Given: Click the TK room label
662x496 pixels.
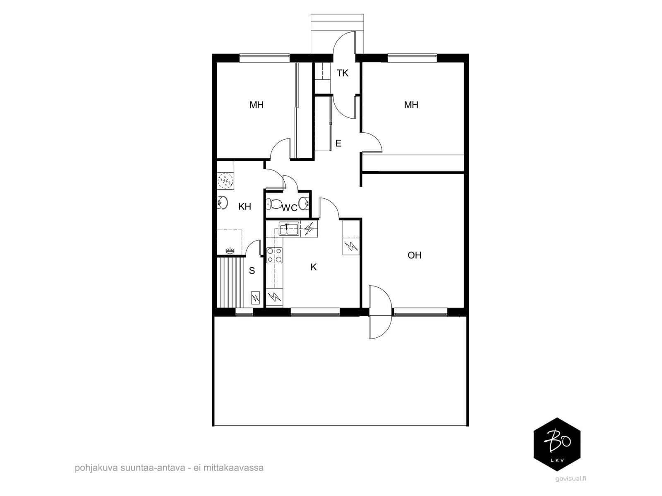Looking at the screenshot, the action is tap(342, 73).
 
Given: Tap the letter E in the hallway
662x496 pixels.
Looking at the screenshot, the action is tap(338, 143).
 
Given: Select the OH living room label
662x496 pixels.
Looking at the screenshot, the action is tap(414, 255).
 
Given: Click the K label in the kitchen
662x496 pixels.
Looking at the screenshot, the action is tap(313, 267).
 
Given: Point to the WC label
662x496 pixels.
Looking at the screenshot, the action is tap(290, 208).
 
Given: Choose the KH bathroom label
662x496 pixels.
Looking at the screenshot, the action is tap(245, 207).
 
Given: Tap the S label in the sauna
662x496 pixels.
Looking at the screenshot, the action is tap(252, 271).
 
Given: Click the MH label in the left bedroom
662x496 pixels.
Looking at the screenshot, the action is tap(257, 105).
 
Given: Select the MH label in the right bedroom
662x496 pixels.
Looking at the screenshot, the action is tap(411, 105).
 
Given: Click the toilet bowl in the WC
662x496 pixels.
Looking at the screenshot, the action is tap(274, 204).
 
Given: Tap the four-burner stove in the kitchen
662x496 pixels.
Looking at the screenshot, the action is tap(274, 255).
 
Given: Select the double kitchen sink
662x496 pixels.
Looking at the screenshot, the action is tap(289, 229).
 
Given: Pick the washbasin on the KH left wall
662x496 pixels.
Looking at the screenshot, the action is tap(222, 203).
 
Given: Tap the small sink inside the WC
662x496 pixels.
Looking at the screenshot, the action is tap(304, 203).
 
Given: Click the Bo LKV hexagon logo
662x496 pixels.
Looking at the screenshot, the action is tap(557, 444).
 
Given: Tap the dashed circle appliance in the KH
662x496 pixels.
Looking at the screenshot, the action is tap(225, 181).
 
